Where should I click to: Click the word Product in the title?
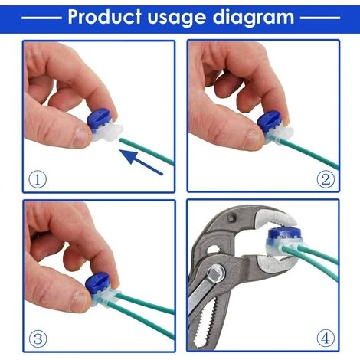[x=104, y=17]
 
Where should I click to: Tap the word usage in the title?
[x=176, y=18]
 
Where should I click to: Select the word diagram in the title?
[x=254, y=18]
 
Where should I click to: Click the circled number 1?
[x=38, y=179]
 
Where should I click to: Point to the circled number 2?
[x=326, y=179]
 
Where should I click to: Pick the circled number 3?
[x=38, y=339]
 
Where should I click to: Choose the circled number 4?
[x=326, y=339]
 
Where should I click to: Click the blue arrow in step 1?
[x=141, y=162]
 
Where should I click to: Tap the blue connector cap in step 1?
[x=99, y=119]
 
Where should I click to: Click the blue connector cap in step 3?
[x=97, y=283]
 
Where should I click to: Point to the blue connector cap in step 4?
[x=282, y=234]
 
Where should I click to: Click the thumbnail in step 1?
[x=81, y=136]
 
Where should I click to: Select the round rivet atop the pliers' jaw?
[x=232, y=218]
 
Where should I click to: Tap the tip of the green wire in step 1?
[x=121, y=139]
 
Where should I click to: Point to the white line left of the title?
[x=41, y=18]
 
